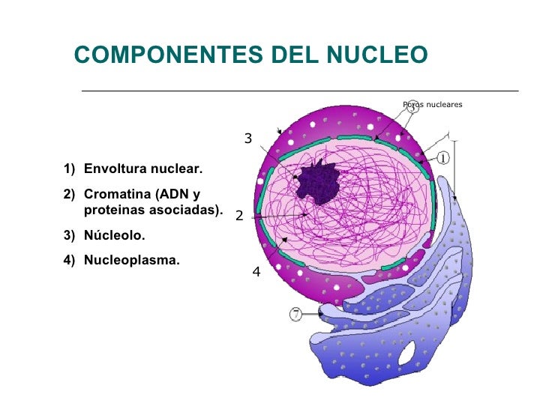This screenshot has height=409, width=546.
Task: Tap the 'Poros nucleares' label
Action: pyautogui.click(x=433, y=104)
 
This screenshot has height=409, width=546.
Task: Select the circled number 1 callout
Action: pyautogui.click(x=442, y=158)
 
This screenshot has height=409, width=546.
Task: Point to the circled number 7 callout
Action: pyautogui.click(x=296, y=315)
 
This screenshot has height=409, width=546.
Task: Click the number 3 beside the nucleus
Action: pyautogui.click(x=248, y=138)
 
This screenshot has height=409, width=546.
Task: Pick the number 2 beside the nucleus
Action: pyautogui.click(x=239, y=216)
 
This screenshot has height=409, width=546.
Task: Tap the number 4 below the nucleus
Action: pyautogui.click(x=256, y=273)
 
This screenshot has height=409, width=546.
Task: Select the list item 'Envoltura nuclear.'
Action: pyautogui.click(x=142, y=169)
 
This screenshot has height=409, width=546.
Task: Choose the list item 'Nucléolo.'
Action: pyautogui.click(x=114, y=235)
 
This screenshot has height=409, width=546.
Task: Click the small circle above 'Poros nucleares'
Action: pyautogui.click(x=412, y=106)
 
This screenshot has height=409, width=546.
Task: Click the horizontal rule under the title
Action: pyautogui.click(x=300, y=91)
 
